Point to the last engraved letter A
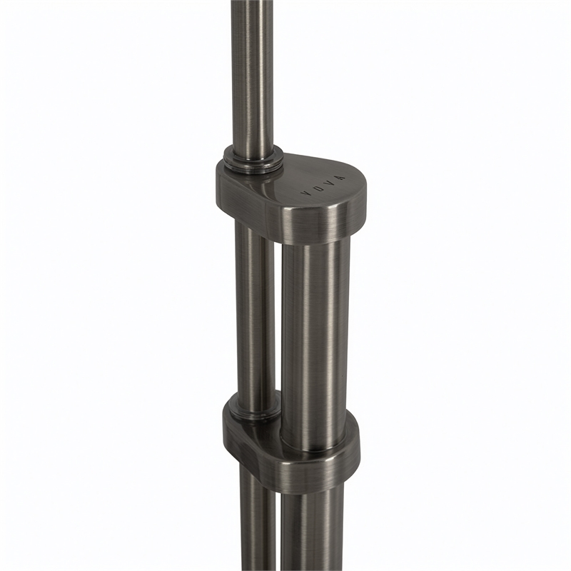coord(340,178)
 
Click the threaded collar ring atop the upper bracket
coord(253,160)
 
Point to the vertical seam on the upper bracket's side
coord(267,222)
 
